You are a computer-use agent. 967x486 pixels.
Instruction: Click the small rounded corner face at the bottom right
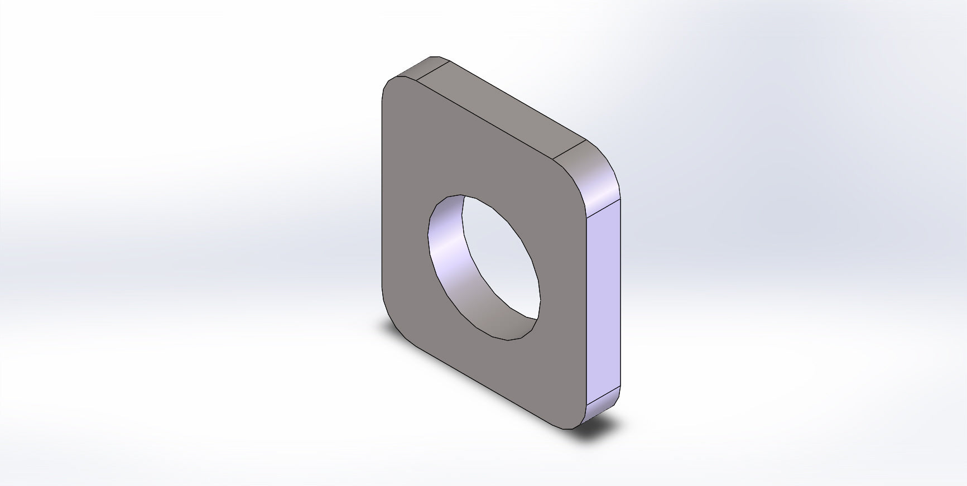[x=602, y=411]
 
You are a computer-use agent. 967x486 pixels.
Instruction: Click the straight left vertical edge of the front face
[x=382, y=195]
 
